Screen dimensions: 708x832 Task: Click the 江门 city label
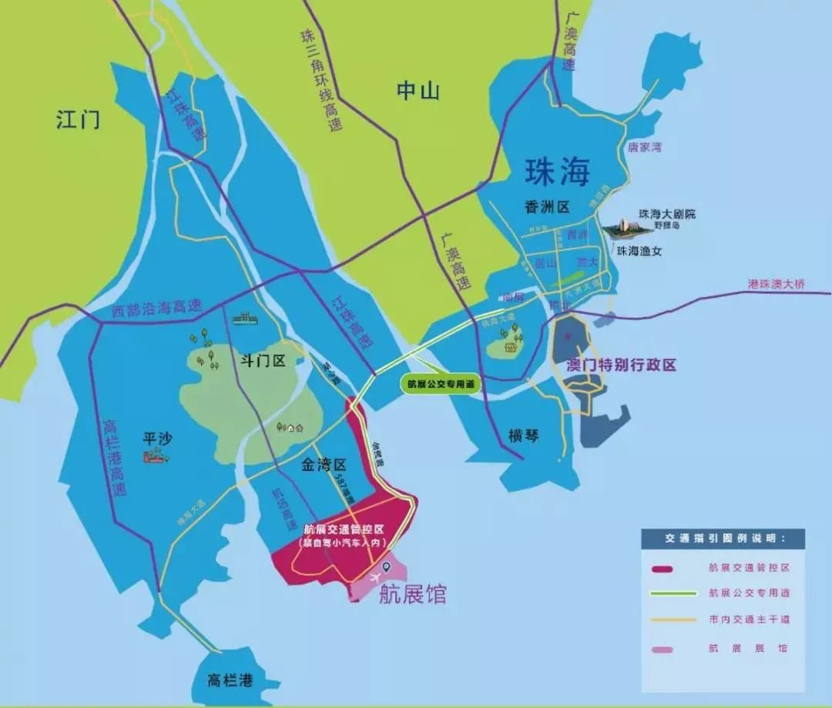[78, 119]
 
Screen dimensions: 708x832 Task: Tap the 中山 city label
[418, 91]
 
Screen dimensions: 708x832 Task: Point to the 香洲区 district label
[547, 207]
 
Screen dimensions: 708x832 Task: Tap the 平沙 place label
[158, 439]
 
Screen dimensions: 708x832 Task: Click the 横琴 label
[524, 436]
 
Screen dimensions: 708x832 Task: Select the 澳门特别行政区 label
[621, 365]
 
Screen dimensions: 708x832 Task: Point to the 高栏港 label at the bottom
[232, 680]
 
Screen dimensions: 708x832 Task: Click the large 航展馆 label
[412, 594]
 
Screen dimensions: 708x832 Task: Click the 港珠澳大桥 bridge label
[776, 284]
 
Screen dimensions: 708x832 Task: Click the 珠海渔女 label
[639, 251]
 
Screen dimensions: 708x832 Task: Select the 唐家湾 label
[644, 146]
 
